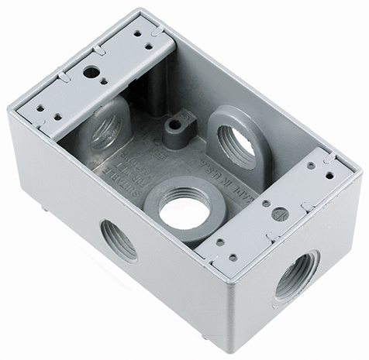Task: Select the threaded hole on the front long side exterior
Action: click(118, 239)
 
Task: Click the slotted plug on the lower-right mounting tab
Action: click(281, 214)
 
